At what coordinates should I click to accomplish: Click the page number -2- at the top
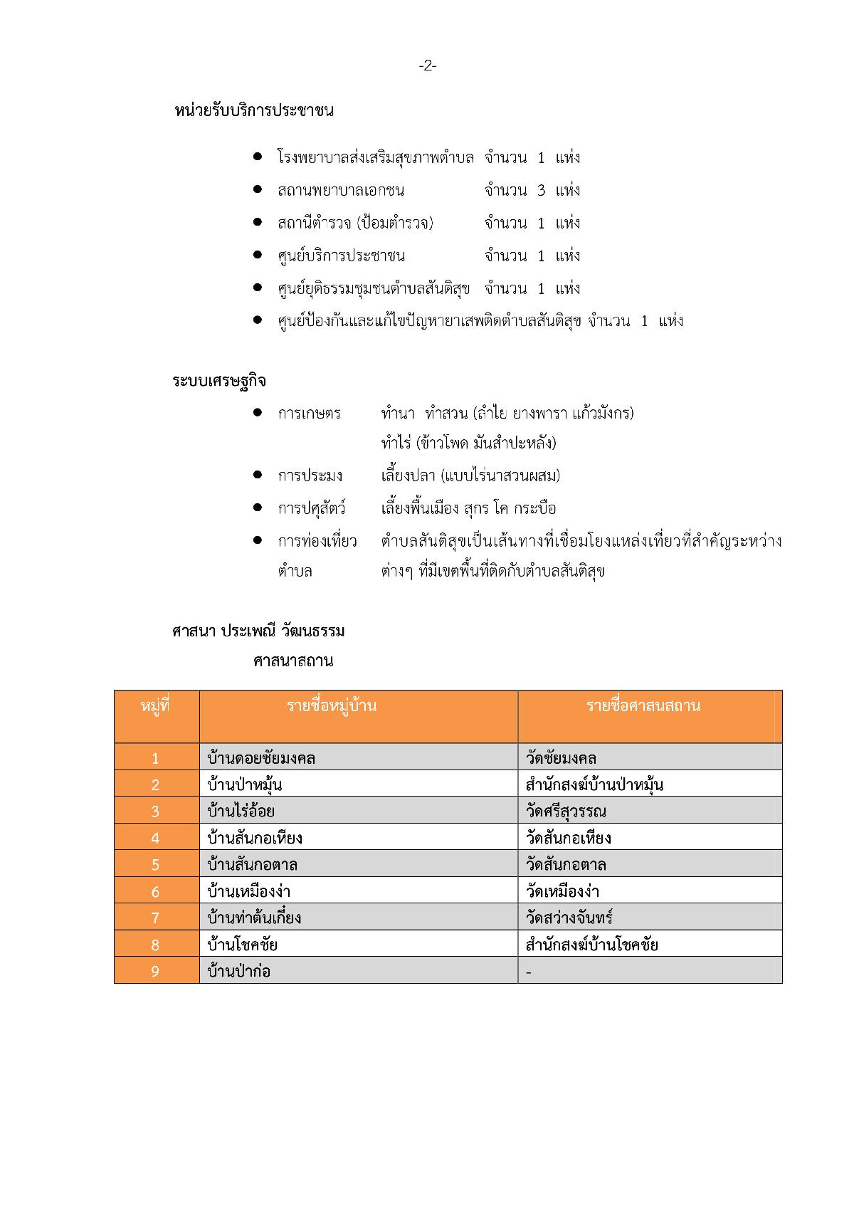pyautogui.click(x=427, y=66)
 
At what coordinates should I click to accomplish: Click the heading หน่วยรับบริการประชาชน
pyautogui.click(x=254, y=111)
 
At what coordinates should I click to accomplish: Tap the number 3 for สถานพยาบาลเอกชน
pyautogui.click(x=542, y=190)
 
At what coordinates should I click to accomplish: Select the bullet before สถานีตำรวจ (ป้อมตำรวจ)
pyautogui.click(x=258, y=222)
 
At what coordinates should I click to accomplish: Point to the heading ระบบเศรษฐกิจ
pyautogui.click(x=219, y=381)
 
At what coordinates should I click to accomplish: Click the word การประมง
pyautogui.click(x=310, y=476)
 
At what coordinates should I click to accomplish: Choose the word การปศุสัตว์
pyautogui.click(x=312, y=508)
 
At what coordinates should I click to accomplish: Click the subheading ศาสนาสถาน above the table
pyautogui.click(x=293, y=661)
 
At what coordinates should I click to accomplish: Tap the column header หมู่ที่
pyautogui.click(x=156, y=706)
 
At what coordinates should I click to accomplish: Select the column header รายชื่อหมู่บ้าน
pyautogui.click(x=332, y=706)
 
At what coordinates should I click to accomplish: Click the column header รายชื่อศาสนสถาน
pyautogui.click(x=643, y=706)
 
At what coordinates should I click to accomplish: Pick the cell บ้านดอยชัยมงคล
pyautogui.click(x=261, y=758)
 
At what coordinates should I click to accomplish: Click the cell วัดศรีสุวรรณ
pyautogui.click(x=566, y=812)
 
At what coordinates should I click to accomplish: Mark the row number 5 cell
pyautogui.click(x=156, y=865)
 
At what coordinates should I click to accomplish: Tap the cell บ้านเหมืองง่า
pyautogui.click(x=248, y=891)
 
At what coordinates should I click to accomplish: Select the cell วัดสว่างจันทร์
pyautogui.click(x=569, y=918)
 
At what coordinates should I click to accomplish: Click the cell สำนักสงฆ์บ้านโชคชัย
pyautogui.click(x=591, y=945)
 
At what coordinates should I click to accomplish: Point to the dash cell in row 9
pyautogui.click(x=529, y=972)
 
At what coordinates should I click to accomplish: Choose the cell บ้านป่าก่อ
pyautogui.click(x=239, y=971)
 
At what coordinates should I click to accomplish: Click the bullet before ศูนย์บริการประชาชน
pyautogui.click(x=258, y=255)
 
